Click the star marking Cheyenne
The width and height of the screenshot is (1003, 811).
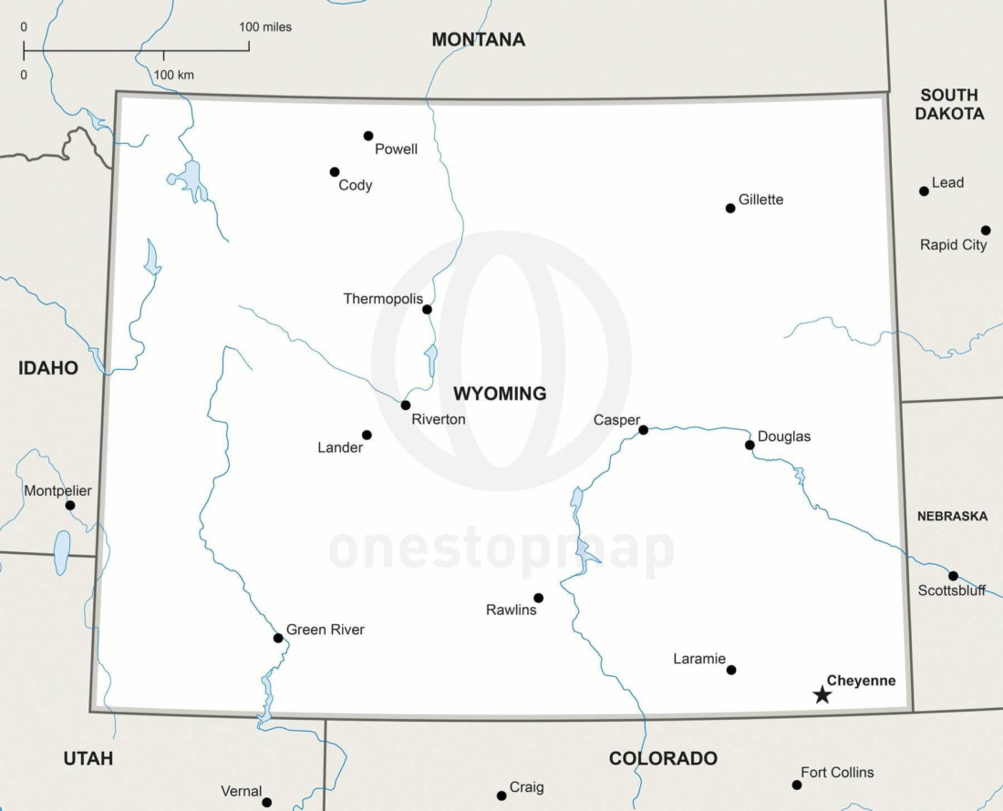[822, 695]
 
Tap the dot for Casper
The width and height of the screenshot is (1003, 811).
[643, 429]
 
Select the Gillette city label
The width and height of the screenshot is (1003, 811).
[760, 200]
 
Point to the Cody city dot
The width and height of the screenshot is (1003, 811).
[335, 171]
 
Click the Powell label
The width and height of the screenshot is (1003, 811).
[396, 149]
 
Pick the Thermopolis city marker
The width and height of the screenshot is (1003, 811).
[427, 309]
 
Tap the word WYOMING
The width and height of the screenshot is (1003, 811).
[500, 394]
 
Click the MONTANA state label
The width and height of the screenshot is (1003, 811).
[478, 39]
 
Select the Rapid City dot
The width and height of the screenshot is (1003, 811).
[986, 230]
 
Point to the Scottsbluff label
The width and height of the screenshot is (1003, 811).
[951, 590]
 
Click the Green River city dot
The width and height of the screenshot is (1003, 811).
[278, 638]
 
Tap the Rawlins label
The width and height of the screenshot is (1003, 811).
[511, 610]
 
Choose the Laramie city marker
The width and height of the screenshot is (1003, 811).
[731, 670]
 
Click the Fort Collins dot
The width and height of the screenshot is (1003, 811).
[797, 785]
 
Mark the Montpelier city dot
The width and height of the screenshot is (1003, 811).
[70, 505]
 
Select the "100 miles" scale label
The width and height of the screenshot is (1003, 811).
[265, 26]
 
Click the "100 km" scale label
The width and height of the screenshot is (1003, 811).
[173, 75]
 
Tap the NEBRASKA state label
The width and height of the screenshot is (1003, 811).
[952, 516]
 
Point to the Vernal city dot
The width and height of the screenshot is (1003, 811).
[267, 802]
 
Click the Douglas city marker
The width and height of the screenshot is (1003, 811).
[750, 445]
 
